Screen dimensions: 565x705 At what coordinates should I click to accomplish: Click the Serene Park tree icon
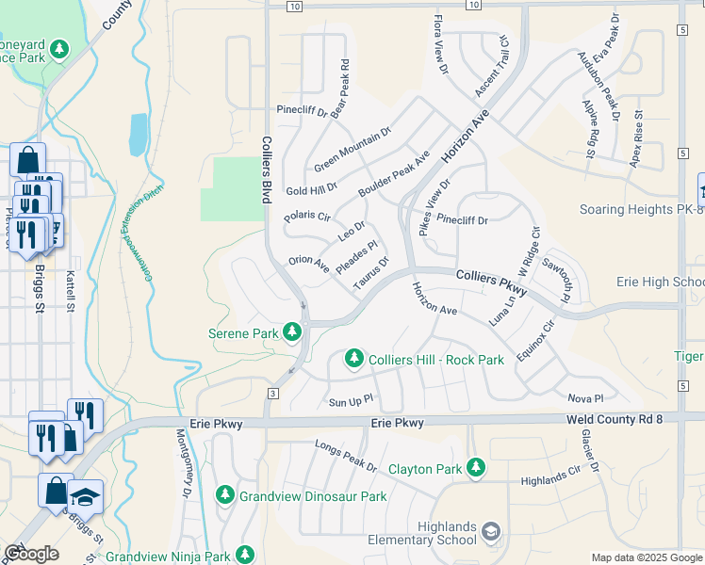(x=293, y=331)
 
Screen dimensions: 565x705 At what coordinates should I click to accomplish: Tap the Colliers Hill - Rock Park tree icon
(x=354, y=358)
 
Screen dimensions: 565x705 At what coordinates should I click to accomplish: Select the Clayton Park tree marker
(x=476, y=467)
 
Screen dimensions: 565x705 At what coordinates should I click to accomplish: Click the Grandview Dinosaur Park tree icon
(x=225, y=494)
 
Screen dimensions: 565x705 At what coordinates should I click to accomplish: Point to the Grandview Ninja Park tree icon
(x=245, y=555)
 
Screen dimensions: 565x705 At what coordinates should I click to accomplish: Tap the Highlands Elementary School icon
(x=490, y=533)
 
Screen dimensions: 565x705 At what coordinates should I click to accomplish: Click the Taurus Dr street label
(x=370, y=274)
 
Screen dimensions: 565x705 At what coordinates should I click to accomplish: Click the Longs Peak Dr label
(x=346, y=456)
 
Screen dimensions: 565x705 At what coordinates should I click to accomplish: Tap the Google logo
(x=31, y=553)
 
